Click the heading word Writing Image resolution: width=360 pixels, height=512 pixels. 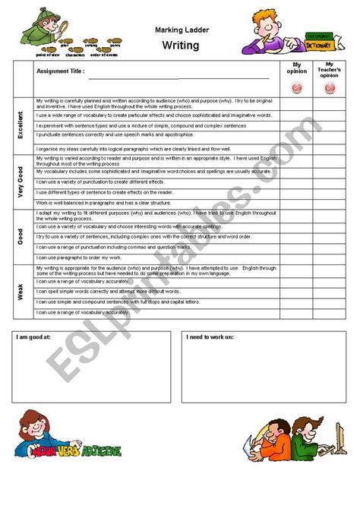click(180, 46)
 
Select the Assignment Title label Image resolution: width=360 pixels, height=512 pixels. click(61, 72)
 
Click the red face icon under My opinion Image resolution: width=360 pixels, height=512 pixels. click(296, 88)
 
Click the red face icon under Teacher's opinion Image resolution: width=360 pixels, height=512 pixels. click(330, 88)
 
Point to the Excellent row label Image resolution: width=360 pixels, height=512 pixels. click(21, 126)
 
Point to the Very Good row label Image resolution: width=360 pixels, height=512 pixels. click(21, 182)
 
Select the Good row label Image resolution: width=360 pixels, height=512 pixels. click(21, 236)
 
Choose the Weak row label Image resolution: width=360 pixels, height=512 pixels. click(21, 290)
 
